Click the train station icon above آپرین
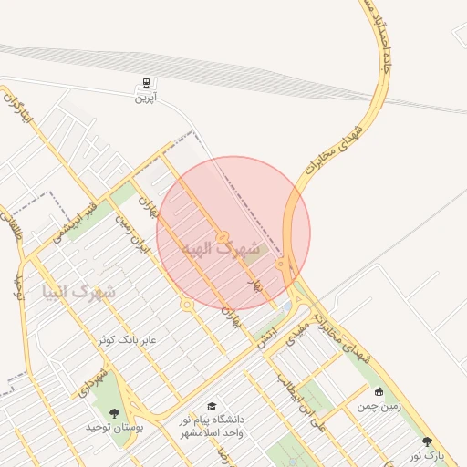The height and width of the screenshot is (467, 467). click(x=144, y=82)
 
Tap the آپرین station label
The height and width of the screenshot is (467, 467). click(x=144, y=96)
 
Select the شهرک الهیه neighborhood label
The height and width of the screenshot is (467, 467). click(x=221, y=247)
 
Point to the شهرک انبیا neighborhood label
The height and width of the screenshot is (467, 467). click(x=79, y=291)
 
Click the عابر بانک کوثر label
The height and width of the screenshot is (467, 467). click(x=129, y=339)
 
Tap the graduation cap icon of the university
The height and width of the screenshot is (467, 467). click(x=213, y=407)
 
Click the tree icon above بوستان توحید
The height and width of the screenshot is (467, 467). click(x=114, y=413)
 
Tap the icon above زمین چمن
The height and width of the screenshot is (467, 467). click(x=379, y=391)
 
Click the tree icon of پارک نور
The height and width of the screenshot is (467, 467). click(x=427, y=441)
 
